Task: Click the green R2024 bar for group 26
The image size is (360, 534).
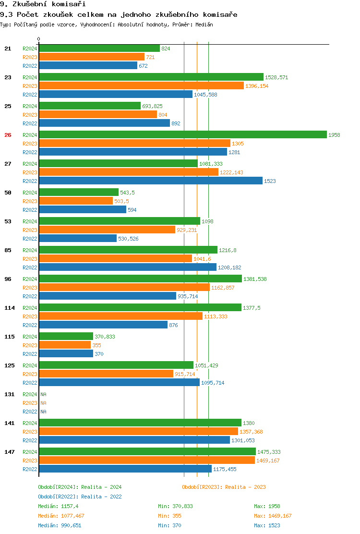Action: (x=182, y=135)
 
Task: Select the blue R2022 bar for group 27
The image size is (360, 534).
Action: (x=151, y=181)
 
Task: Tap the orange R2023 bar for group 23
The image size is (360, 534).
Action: (x=141, y=86)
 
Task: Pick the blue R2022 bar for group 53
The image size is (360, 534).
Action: (x=78, y=239)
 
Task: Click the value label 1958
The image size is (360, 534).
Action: (x=334, y=135)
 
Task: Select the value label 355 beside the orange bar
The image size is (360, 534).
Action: (x=96, y=345)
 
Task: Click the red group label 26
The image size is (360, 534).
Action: (x=8, y=135)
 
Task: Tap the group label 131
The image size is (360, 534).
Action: (x=10, y=394)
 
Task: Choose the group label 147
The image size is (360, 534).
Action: (x=10, y=452)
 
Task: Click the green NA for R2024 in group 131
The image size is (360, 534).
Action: (x=43, y=394)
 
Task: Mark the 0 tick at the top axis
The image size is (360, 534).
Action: (x=39, y=39)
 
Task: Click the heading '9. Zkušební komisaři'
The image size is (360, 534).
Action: (x=36, y=4)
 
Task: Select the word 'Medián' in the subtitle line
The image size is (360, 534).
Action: (x=204, y=24)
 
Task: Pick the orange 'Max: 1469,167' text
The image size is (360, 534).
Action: (x=273, y=516)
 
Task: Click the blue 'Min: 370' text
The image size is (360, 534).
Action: (x=169, y=525)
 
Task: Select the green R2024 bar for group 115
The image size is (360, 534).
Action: (x=66, y=337)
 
